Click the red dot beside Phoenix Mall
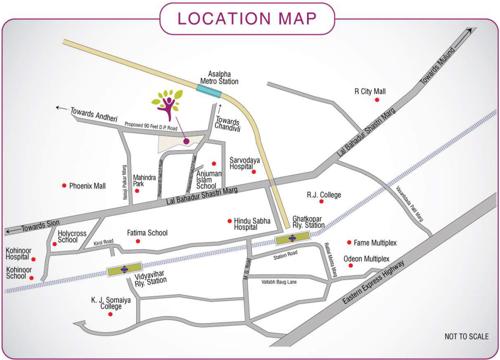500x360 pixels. coord(66,186)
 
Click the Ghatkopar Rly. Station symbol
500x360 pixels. coord(290,240)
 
